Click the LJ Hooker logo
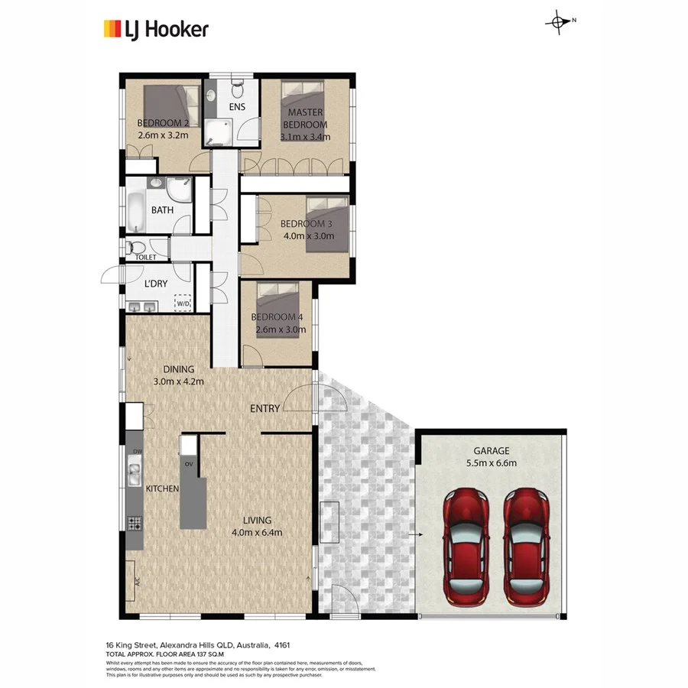click(155, 29)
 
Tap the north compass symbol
click(558, 22)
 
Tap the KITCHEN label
click(162, 488)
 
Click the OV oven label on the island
click(188, 463)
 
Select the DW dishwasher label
click(138, 453)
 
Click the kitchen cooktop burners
click(135, 523)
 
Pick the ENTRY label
click(264, 409)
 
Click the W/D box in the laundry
click(183, 303)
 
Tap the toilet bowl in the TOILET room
click(136, 248)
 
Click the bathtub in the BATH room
click(137, 212)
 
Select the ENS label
click(237, 107)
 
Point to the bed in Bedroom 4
click(276, 302)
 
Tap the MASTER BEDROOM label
click(305, 118)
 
